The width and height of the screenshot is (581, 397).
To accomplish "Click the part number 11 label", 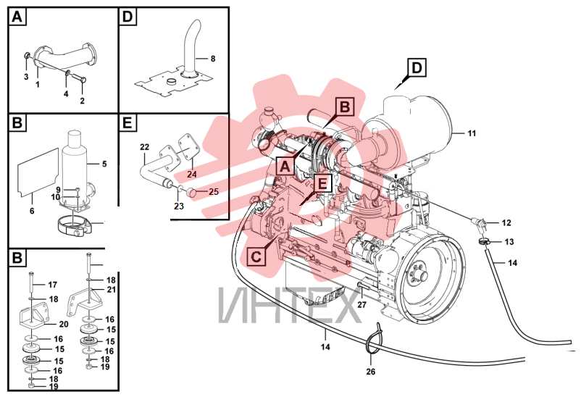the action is [x=472, y=133].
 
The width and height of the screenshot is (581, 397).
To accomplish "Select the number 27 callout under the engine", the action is [x=361, y=305].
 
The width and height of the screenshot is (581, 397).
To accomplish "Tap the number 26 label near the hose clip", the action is [x=370, y=372].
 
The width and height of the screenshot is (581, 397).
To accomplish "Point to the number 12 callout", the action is [x=506, y=223].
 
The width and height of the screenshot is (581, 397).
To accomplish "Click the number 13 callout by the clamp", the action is [x=509, y=242].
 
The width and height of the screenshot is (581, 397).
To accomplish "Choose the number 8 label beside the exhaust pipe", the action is [x=213, y=59].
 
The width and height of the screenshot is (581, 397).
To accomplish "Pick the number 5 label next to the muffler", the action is [x=104, y=164].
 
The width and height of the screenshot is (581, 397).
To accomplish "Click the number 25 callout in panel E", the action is [x=214, y=192].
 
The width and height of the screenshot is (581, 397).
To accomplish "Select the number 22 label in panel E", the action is [x=144, y=147].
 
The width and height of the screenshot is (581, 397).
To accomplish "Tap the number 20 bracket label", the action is [x=64, y=325].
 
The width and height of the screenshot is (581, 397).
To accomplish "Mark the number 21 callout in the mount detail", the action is [x=111, y=290].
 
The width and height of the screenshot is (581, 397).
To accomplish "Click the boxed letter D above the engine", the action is [x=417, y=68].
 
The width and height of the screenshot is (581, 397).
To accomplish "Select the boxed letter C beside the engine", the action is [x=256, y=256].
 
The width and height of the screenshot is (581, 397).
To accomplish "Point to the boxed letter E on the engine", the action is [x=322, y=183].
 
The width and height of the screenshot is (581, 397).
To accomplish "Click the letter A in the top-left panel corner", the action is [x=17, y=17].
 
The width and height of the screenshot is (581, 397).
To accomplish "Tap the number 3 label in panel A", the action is [x=26, y=77].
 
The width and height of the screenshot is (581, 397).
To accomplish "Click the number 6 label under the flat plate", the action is [x=32, y=211].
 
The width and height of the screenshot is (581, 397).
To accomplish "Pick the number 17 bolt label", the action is [x=53, y=285].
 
